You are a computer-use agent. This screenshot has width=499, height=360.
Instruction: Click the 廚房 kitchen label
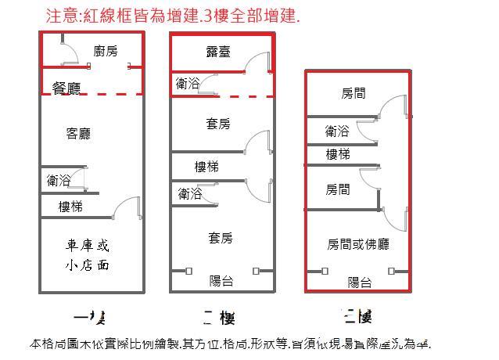(x=106, y=51)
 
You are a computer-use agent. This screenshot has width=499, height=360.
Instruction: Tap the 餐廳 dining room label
(x=66, y=88)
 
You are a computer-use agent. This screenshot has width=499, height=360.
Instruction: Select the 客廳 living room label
(x=78, y=134)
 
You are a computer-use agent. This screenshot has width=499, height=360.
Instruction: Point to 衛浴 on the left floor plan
(x=59, y=180)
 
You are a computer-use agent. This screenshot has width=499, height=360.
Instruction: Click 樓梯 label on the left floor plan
(x=70, y=207)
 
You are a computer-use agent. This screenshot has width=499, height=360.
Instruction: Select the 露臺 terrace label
(x=217, y=51)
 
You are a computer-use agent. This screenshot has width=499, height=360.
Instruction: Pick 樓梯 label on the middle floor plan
(x=206, y=167)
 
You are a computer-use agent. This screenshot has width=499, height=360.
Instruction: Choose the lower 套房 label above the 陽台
(x=221, y=237)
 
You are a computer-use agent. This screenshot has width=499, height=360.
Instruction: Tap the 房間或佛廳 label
(x=357, y=244)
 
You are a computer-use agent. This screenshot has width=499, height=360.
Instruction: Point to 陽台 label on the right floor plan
(x=360, y=283)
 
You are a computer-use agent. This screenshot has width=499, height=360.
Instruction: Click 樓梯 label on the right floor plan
(x=338, y=154)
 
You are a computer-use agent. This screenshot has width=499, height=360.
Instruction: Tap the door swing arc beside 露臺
(x=256, y=61)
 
